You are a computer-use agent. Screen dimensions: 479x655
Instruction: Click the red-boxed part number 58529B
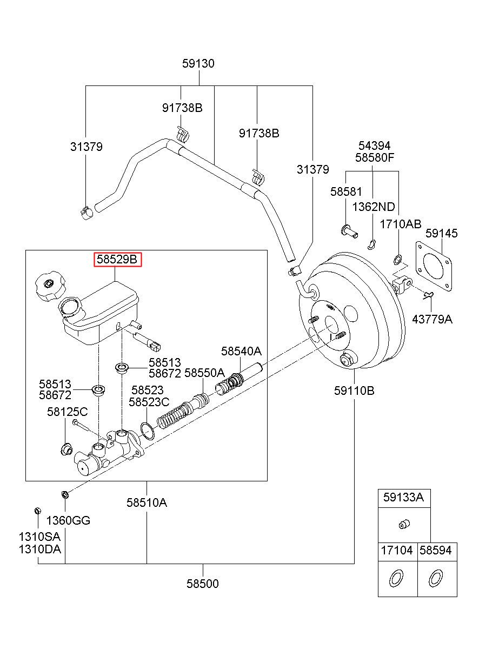117,259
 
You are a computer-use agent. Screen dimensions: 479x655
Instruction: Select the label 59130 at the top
198,63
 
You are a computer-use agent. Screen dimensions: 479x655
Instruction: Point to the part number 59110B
354,391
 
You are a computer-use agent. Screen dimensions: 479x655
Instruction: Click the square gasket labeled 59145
434,267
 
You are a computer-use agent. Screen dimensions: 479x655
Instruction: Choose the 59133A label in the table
403,498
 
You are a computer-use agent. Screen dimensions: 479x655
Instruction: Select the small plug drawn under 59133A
404,524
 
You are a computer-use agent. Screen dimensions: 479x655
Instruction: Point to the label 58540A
241,351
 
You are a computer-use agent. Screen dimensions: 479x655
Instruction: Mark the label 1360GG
68,520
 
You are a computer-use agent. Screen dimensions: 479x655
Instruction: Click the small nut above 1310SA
38,511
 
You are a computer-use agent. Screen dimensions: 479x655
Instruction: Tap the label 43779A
433,319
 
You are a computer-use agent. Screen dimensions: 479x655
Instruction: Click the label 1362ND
374,207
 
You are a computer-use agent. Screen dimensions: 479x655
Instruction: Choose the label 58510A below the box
147,502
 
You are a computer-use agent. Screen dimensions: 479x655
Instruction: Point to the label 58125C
68,412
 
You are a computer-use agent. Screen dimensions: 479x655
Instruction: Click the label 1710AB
401,224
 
